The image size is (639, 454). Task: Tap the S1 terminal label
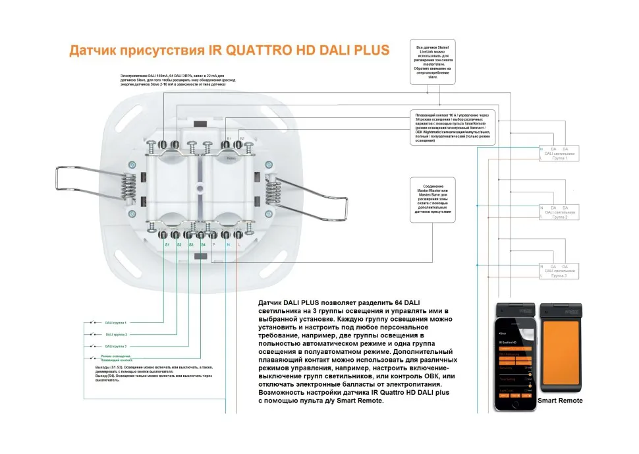click(167, 244)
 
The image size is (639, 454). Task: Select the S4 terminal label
click(203, 244)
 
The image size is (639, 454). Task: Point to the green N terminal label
click(227, 244)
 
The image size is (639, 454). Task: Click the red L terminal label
click(238, 244)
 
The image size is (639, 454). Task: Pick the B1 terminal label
click(229, 138)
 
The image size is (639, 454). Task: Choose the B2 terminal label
click(242, 138)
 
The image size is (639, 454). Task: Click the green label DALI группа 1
click(116, 323)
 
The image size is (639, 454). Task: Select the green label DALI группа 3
click(116, 346)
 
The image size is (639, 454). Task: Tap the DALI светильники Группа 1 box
click(559, 154)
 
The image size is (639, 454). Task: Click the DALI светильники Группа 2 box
click(559, 213)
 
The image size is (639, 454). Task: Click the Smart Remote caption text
click(560, 401)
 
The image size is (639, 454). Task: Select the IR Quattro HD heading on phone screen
click(510, 343)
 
